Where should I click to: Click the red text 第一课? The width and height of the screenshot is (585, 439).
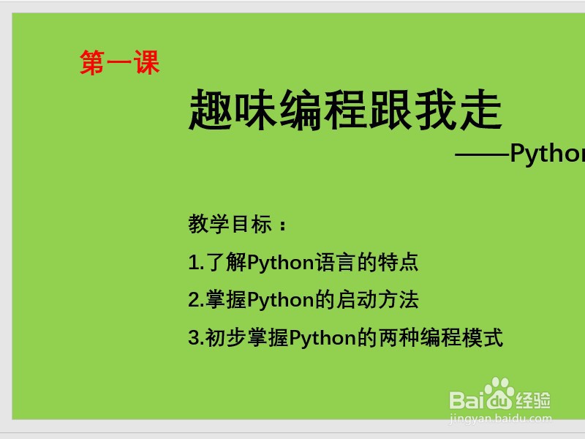(x=120, y=63)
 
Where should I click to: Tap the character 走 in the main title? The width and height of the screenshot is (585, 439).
(x=480, y=110)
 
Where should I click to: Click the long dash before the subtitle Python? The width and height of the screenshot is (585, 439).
(x=482, y=154)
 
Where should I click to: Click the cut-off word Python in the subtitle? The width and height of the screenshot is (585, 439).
(x=547, y=154)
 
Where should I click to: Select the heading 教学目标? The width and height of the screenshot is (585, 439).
(x=230, y=224)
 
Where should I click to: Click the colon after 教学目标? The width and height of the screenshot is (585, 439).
(x=282, y=225)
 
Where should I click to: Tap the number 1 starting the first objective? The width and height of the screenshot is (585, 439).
(x=193, y=262)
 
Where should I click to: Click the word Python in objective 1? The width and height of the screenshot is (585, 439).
(x=281, y=263)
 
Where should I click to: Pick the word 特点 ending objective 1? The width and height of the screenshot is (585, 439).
(x=398, y=262)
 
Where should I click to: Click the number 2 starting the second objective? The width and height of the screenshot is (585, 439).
(x=194, y=300)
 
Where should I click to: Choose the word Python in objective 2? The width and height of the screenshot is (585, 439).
(x=281, y=301)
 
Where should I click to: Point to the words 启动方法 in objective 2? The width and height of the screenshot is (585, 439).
(x=377, y=299)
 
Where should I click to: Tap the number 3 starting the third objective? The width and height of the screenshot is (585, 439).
(x=194, y=337)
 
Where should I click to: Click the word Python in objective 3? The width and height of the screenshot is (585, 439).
(x=322, y=338)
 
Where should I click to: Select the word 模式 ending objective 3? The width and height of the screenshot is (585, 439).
(x=483, y=337)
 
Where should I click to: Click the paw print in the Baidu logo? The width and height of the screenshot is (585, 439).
(x=499, y=394)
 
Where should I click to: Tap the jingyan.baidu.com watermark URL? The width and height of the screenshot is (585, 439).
(x=500, y=419)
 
